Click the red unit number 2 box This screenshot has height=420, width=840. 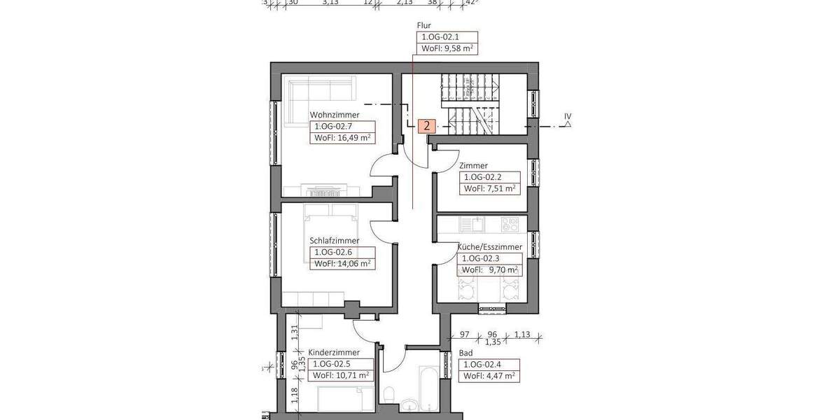(426, 127)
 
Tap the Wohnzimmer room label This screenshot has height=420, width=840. (335, 115)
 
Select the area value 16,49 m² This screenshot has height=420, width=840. (343, 138)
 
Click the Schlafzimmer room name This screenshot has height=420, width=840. (334, 241)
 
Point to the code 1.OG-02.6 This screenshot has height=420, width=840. (333, 252)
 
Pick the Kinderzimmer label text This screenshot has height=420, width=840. (334, 353)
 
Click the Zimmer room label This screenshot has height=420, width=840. (473, 166)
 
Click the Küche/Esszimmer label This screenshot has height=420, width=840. (489, 247)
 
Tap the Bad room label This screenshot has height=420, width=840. (465, 353)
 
